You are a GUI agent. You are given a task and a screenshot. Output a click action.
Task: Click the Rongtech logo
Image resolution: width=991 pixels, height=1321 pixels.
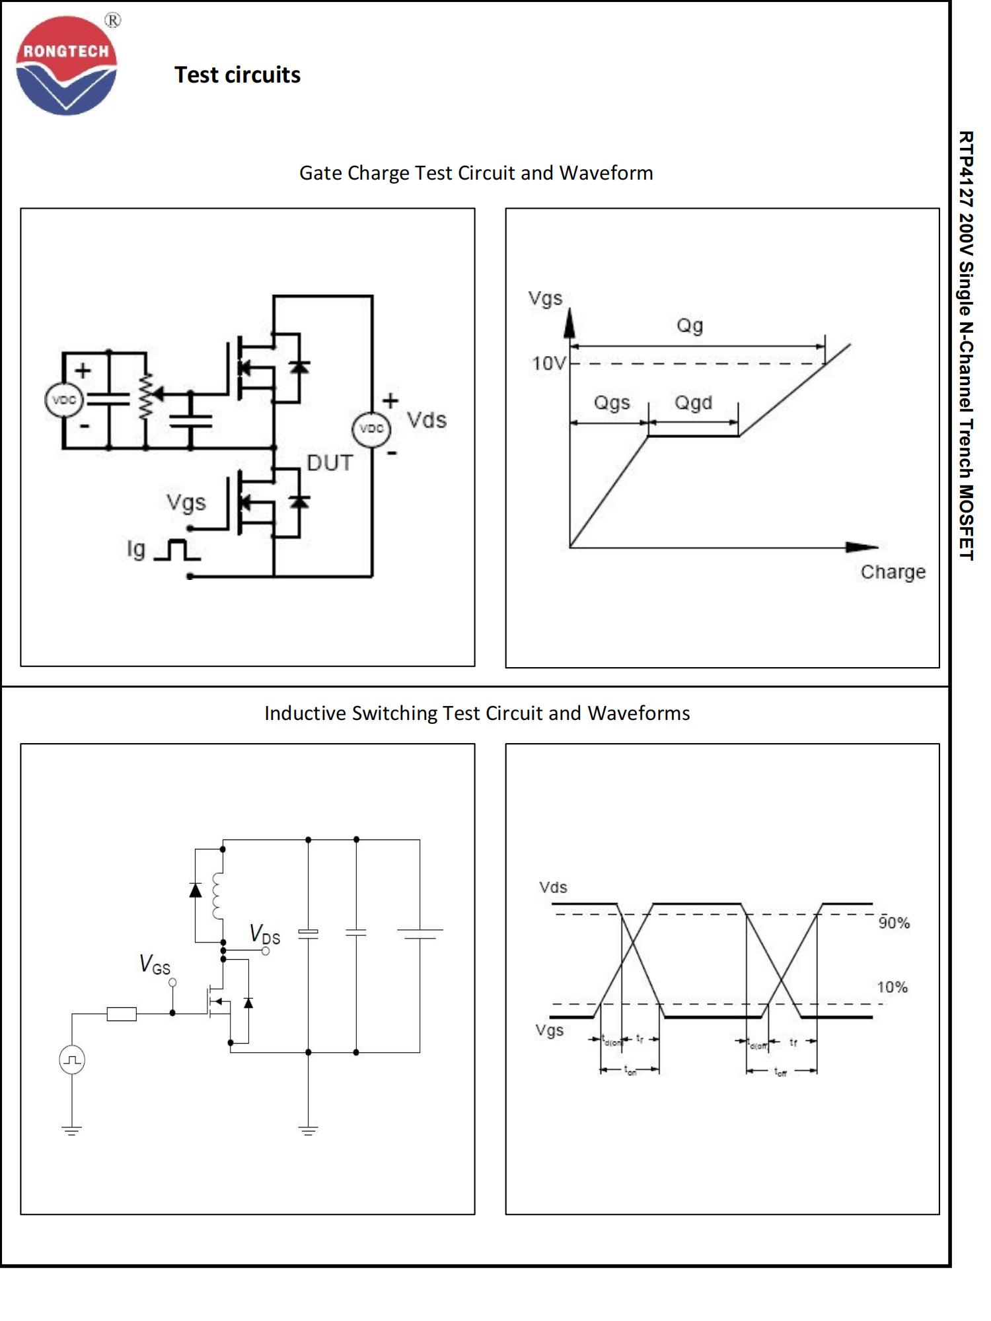click(x=66, y=66)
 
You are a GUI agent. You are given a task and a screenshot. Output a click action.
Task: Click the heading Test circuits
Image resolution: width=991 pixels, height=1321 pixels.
click(x=237, y=75)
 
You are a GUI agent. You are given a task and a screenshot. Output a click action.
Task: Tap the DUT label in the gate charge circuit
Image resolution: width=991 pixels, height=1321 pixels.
click(x=330, y=463)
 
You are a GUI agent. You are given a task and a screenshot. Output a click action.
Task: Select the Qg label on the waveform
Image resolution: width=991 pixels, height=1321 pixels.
click(x=689, y=326)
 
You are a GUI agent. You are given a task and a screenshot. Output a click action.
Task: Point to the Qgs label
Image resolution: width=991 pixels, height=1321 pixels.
click(x=612, y=402)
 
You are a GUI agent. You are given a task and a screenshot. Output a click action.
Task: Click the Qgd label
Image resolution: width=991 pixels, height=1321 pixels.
click(x=693, y=402)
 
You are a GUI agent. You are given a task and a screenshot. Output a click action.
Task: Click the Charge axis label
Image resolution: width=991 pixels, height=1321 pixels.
click(x=893, y=572)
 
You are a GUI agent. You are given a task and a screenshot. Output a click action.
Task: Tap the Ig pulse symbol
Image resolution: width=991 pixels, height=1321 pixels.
click(x=176, y=550)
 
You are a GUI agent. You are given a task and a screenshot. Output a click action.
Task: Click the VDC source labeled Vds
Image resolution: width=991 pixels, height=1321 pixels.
click(x=371, y=429)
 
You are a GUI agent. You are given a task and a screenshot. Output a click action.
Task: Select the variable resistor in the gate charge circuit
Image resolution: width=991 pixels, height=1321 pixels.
click(x=145, y=396)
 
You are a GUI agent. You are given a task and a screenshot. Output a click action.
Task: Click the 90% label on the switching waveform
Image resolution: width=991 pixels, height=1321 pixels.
click(x=894, y=923)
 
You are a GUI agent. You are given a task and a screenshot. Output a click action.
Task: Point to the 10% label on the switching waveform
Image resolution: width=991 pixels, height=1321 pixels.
click(x=892, y=987)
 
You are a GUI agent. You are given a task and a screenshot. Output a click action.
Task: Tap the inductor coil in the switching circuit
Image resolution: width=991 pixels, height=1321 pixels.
click(x=218, y=896)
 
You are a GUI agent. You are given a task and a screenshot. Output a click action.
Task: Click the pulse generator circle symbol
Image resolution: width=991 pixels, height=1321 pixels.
click(x=72, y=1060)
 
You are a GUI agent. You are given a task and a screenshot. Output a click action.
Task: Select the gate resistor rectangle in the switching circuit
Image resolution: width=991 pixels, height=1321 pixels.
click(x=122, y=1014)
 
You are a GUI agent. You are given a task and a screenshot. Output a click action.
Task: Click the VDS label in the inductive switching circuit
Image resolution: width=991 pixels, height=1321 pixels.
click(x=265, y=935)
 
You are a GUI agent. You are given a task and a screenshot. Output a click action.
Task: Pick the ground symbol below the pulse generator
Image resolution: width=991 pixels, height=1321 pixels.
click(x=72, y=1130)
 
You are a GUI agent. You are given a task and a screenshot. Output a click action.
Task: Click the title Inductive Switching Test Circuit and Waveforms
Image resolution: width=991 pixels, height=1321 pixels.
click(x=477, y=713)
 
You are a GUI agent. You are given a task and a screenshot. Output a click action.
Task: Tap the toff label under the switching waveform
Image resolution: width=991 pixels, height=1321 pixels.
click(x=781, y=1072)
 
